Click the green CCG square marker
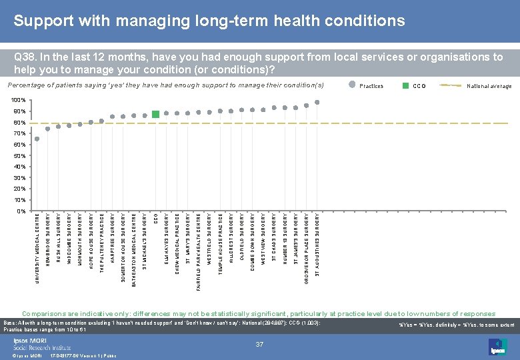(x=155, y=114)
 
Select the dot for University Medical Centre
(x=37, y=139)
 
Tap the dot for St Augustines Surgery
(x=317, y=102)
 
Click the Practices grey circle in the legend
(x=353, y=85)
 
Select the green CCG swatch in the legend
(x=405, y=85)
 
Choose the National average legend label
(x=489, y=86)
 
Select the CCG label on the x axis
(x=155, y=218)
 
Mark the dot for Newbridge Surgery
(x=48, y=129)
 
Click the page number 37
(x=261, y=344)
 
